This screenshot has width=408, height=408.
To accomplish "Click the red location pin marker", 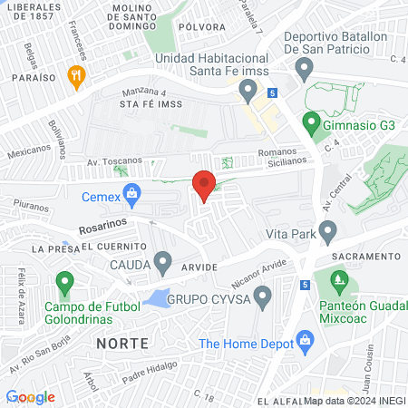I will click(x=204, y=185).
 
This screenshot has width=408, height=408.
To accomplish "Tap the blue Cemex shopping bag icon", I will click(x=132, y=192).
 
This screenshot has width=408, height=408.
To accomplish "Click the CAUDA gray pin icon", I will click(x=163, y=264).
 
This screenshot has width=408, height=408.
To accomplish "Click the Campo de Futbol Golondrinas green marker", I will click(x=63, y=284).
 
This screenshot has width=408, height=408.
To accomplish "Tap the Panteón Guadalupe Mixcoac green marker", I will click(x=340, y=283).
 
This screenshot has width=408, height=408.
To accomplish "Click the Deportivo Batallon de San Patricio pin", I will click(x=305, y=68).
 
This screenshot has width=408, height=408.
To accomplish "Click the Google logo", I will click(x=30, y=397).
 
